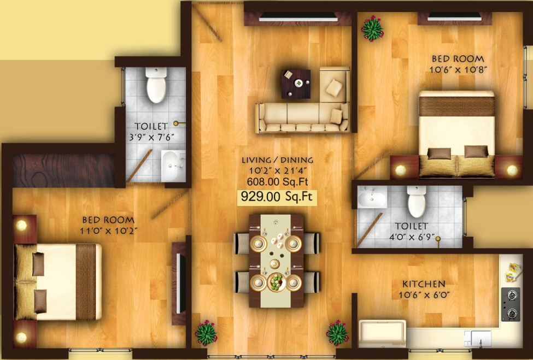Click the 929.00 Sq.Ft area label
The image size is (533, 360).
click(x=277, y=197)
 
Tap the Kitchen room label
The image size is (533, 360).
click(x=424, y=284)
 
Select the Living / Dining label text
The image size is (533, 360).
click(x=278, y=160)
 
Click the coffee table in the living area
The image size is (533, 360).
click(x=296, y=84)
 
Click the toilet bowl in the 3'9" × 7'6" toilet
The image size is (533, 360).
click(x=156, y=86)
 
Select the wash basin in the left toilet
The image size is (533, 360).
click(x=173, y=164)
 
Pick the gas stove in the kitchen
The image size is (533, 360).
click(x=511, y=303)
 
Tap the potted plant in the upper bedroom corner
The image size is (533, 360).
click(x=372, y=27)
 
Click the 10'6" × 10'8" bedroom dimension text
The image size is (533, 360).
click(x=459, y=69)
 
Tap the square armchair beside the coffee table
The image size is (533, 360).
click(x=334, y=84)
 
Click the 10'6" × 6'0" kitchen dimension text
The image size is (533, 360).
click(x=424, y=296)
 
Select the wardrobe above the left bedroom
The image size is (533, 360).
click(x=63, y=170)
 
